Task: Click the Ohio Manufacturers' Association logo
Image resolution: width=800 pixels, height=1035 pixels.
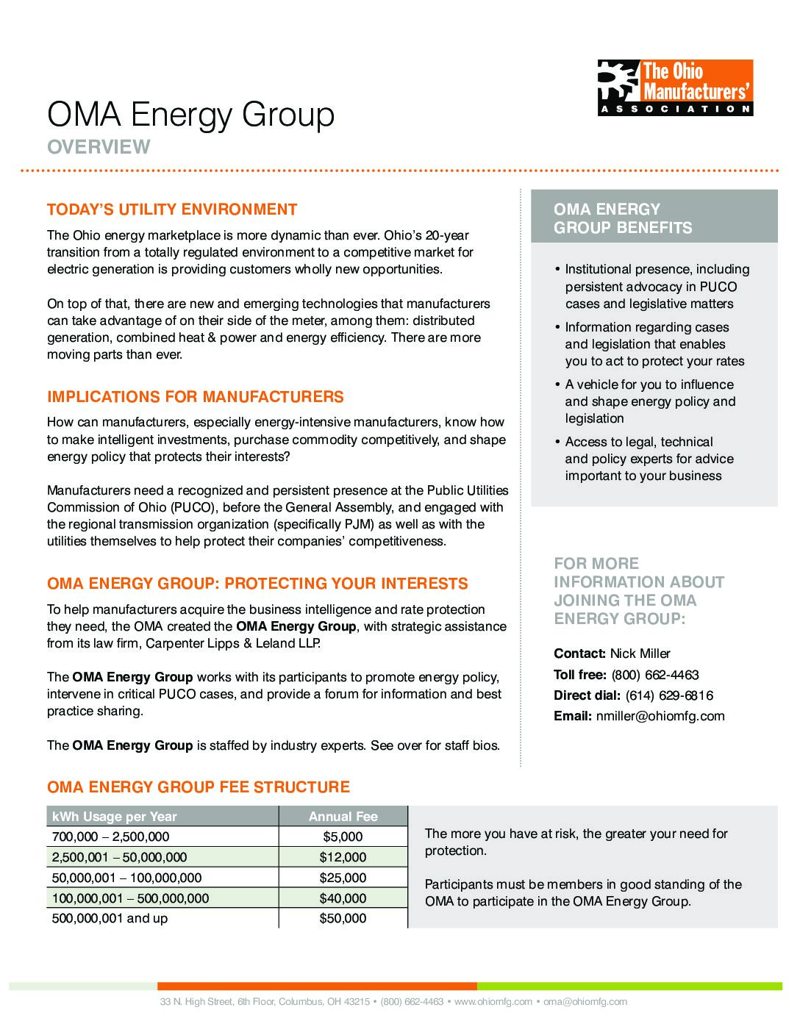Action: point(675,87)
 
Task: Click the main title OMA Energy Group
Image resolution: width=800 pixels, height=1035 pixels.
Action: point(191,115)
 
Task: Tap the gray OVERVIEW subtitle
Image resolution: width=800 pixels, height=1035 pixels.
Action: point(99,147)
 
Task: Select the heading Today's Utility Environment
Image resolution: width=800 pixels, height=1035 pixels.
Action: point(172,209)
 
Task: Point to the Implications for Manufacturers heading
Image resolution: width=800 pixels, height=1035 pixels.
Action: point(196,397)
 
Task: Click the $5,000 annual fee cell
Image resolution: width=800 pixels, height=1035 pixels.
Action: point(343,837)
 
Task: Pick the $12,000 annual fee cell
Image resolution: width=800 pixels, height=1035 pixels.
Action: point(343,857)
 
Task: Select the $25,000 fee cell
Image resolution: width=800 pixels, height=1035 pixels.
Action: point(343,878)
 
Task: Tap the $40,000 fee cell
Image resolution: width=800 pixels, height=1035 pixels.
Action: point(343,898)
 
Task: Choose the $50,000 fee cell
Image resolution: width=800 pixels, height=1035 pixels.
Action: point(343,918)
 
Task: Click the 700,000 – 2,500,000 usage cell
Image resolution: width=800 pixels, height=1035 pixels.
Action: point(110,837)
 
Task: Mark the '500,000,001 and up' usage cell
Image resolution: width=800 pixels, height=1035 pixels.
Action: point(110,918)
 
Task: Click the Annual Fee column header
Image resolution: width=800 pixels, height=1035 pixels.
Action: point(343,816)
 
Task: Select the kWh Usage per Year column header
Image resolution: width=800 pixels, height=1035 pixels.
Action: point(115,816)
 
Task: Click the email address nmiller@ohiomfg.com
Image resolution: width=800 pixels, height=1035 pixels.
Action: point(660,716)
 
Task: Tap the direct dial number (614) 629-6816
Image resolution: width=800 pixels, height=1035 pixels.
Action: point(669,695)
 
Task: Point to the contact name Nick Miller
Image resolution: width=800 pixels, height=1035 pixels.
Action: point(640,653)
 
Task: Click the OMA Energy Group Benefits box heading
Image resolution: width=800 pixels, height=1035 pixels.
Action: point(623,218)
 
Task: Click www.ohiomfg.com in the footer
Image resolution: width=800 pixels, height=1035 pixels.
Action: point(493,1001)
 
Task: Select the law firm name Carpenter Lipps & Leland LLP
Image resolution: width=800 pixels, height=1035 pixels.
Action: point(233,643)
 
